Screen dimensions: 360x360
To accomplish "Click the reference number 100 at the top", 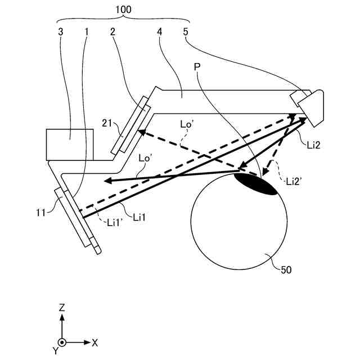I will point(124,10).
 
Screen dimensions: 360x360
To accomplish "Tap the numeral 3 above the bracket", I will point(61,31).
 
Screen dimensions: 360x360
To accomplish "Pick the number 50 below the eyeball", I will point(286,269).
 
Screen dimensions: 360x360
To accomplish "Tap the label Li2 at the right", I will point(314,146).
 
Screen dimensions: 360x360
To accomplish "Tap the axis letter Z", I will point(62,307).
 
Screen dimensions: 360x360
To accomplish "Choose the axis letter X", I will point(95,342).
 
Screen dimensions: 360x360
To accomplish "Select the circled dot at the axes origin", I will point(62,342).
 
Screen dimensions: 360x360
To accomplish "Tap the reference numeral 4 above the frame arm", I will point(160,31).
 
